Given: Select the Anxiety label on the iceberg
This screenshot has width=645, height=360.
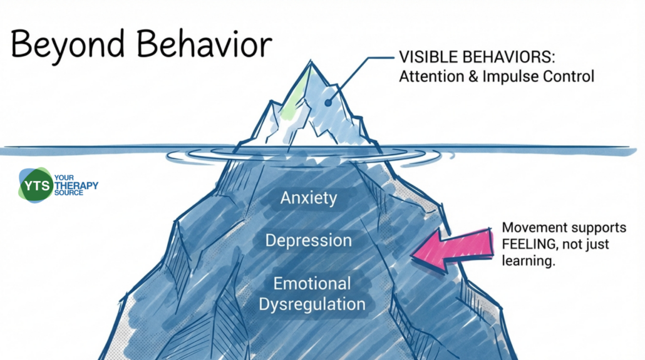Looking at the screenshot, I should click(x=309, y=198).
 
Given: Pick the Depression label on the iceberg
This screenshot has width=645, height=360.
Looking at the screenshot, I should click(x=309, y=240).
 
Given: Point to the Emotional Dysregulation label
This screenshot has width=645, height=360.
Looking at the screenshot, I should click(x=312, y=294).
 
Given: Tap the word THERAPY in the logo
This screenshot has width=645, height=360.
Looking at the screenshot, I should click(x=77, y=185).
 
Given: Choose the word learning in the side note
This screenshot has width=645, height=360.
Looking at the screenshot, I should click(x=529, y=261).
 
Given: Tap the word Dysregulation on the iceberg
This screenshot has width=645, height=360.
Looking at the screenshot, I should click(x=312, y=305).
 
